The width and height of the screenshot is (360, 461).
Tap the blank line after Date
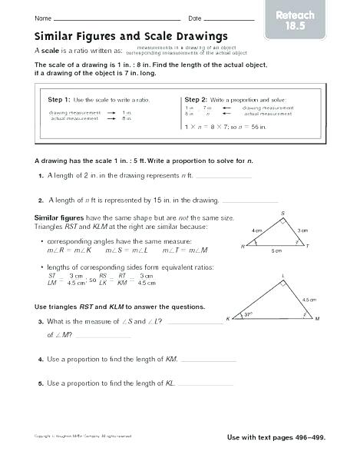(230, 18)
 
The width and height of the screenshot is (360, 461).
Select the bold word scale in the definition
(51, 49)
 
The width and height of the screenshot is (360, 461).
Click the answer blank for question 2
(247, 203)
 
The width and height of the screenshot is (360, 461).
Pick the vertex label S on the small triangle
(282, 212)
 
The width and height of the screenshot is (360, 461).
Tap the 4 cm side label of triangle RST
(257, 230)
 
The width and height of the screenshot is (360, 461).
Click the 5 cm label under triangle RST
(276, 251)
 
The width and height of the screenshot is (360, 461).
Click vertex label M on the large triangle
(317, 319)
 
